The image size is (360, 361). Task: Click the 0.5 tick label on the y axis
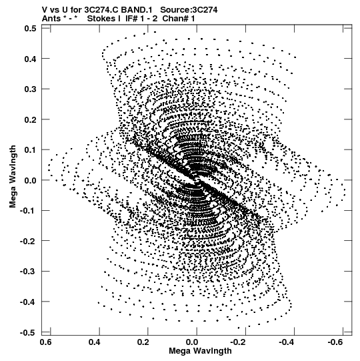pyautogui.click(x=31, y=29)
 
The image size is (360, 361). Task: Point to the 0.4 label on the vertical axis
pyautogui.click(x=31, y=59)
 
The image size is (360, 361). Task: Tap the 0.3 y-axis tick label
pyautogui.click(x=31, y=89)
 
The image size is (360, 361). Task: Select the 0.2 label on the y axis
pyautogui.click(x=31, y=119)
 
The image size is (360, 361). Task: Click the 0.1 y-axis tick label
pyautogui.click(x=31, y=150)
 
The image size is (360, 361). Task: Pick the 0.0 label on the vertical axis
pyautogui.click(x=31, y=180)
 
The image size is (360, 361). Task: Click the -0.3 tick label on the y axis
pyautogui.click(x=28, y=271)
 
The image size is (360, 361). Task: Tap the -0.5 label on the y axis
pyautogui.click(x=28, y=332)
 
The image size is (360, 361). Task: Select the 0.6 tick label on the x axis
pyautogui.click(x=46, y=342)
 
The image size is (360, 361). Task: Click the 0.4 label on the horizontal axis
pyautogui.click(x=95, y=342)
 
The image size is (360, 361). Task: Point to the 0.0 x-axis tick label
pyautogui.click(x=192, y=342)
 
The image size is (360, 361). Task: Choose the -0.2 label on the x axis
pyautogui.click(x=239, y=342)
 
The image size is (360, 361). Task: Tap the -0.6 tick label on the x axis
pyautogui.click(x=337, y=342)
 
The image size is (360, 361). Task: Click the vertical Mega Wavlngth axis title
pyautogui.click(x=13, y=177)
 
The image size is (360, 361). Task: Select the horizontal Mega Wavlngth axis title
pyautogui.click(x=200, y=351)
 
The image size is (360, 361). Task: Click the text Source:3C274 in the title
pyautogui.click(x=189, y=10)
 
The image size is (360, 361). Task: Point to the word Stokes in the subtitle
pyautogui.click(x=101, y=19)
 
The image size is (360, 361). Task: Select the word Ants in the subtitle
pyautogui.click(x=51, y=19)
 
